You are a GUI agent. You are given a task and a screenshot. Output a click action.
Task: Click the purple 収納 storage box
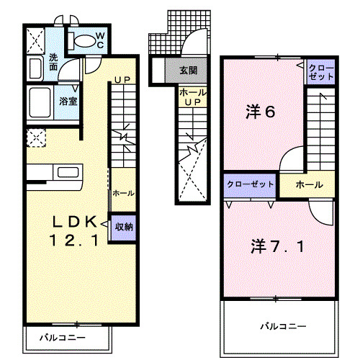[124, 227]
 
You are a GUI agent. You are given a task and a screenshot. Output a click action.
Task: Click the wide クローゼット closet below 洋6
[251, 184]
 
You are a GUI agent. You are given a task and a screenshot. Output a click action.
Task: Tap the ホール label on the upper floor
[309, 185]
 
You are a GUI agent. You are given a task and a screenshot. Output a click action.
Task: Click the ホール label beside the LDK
[122, 193]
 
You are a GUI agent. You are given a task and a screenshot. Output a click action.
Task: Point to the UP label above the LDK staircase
[122, 79]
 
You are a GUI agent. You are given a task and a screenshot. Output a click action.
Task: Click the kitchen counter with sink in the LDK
[56, 174]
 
